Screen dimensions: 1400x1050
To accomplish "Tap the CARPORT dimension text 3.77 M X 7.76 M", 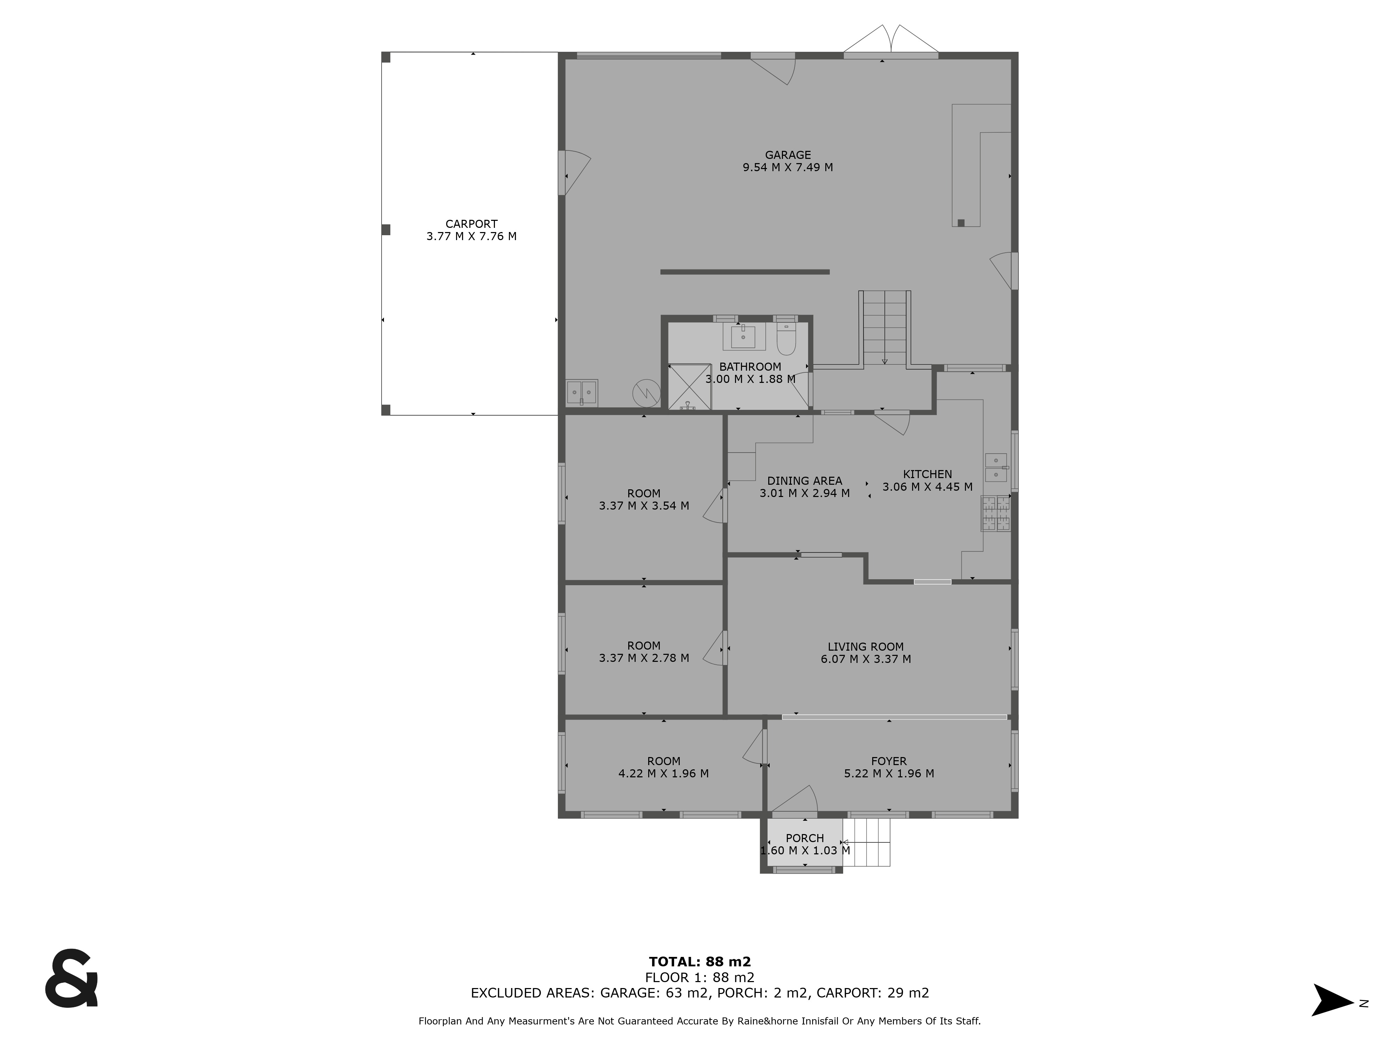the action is (471, 236).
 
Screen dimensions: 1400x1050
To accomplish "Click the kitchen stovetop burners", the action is (995, 513).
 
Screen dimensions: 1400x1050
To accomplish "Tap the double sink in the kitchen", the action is (996, 467).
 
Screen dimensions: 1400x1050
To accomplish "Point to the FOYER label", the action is (889, 761).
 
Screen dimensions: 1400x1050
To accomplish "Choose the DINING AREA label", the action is (804, 481).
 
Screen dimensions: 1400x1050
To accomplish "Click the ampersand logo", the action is (71, 978).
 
